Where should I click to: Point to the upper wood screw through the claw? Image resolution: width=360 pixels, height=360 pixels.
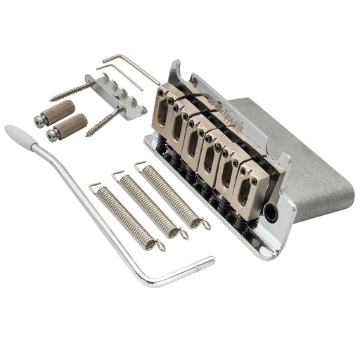point(70,91)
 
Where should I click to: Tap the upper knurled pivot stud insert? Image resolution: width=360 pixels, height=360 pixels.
point(53,110)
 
